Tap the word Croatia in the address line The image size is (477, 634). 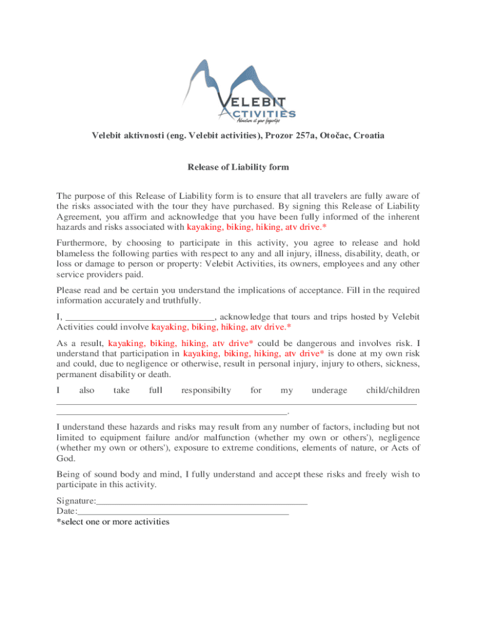367,135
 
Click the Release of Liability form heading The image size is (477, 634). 239,167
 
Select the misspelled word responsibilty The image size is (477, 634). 206,390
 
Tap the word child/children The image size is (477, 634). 393,390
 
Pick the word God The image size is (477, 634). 66,459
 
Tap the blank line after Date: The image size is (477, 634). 183,511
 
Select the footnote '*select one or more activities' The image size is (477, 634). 113,522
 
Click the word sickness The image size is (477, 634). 396,363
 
